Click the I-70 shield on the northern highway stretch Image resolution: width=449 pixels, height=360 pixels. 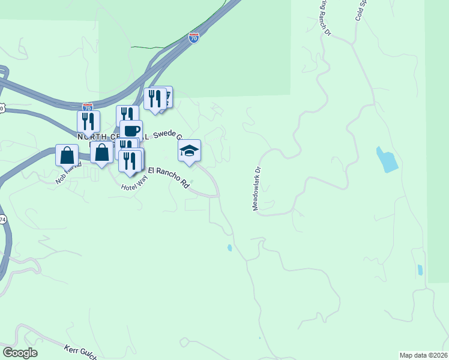[x=194, y=38]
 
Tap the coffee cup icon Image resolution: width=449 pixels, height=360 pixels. [x=131, y=130]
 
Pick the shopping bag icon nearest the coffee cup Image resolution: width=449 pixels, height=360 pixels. [x=102, y=152]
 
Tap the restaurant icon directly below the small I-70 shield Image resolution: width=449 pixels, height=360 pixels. [x=88, y=121]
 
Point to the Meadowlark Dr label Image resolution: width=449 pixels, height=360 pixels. [x=258, y=188]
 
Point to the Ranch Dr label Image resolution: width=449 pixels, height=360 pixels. [x=325, y=17]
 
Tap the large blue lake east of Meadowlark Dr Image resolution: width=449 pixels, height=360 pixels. [x=387, y=159]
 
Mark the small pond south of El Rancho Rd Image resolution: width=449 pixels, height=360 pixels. [x=229, y=248]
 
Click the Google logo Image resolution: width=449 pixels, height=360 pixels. [x=19, y=352]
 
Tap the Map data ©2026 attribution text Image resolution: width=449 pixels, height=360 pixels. [x=424, y=355]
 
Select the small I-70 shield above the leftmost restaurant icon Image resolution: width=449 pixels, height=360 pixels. [x=88, y=106]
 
